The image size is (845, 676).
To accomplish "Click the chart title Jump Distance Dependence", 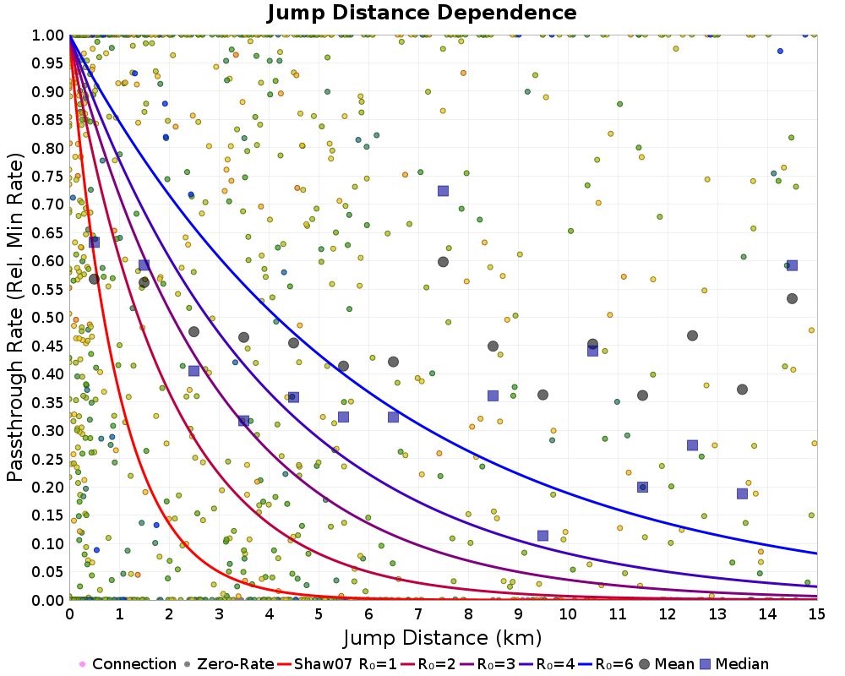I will pos(422,13).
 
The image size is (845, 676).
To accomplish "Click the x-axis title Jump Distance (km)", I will pos(442,636).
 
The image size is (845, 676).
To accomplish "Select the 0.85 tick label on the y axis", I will pos(49,120).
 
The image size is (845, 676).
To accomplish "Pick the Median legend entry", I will pos(739,664).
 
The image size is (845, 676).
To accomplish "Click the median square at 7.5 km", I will pos(443,191).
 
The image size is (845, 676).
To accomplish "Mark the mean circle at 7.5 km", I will pos(443,262).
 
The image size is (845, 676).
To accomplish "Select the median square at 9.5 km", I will pos(542,536).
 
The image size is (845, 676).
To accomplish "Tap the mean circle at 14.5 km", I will pos(792,298).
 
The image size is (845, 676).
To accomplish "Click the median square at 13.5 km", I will pos(742,493).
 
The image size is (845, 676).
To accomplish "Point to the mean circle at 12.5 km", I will pos(692,335).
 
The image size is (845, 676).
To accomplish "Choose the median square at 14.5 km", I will pos(792,265).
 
